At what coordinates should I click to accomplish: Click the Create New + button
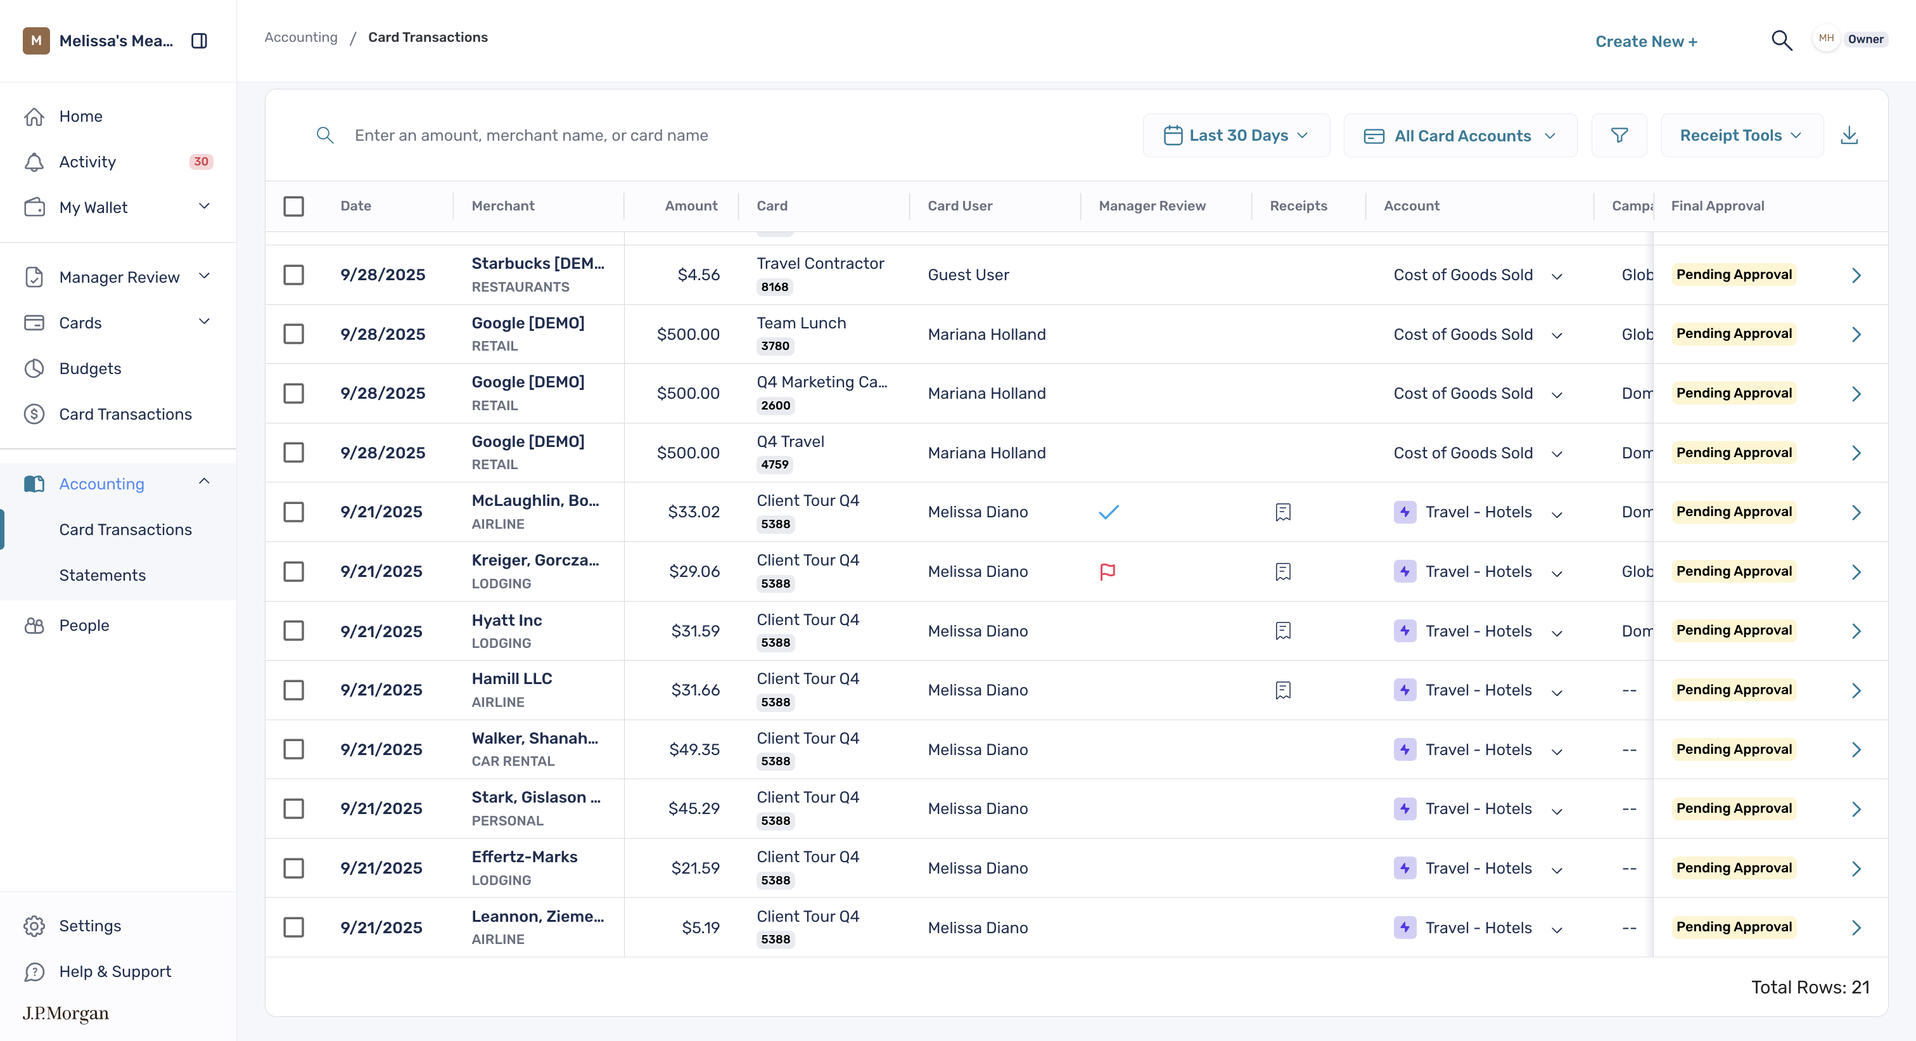click(x=1646, y=42)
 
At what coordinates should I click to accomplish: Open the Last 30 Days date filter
click(x=1236, y=136)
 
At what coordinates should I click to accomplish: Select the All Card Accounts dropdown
click(x=1460, y=136)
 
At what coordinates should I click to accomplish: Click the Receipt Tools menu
click(x=1741, y=136)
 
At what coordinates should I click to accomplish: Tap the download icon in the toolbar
click(x=1849, y=136)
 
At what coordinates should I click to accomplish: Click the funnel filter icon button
click(x=1619, y=136)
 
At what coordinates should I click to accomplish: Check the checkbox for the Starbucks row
click(x=294, y=275)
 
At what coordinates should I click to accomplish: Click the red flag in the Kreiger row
click(x=1108, y=571)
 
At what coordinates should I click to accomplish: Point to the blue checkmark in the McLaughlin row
click(x=1108, y=512)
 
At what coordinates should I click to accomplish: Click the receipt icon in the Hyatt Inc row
click(x=1283, y=631)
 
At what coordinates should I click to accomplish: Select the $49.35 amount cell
click(x=694, y=749)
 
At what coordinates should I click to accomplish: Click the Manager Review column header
click(x=1152, y=206)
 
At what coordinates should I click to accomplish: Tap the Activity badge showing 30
click(x=201, y=162)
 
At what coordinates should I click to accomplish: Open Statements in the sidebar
click(x=102, y=575)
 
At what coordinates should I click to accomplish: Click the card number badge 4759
click(x=775, y=464)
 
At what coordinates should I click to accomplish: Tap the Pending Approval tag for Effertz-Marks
click(x=1734, y=868)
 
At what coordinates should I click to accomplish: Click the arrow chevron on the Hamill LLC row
click(x=1856, y=690)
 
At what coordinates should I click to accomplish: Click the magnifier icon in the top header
click(x=1782, y=40)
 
